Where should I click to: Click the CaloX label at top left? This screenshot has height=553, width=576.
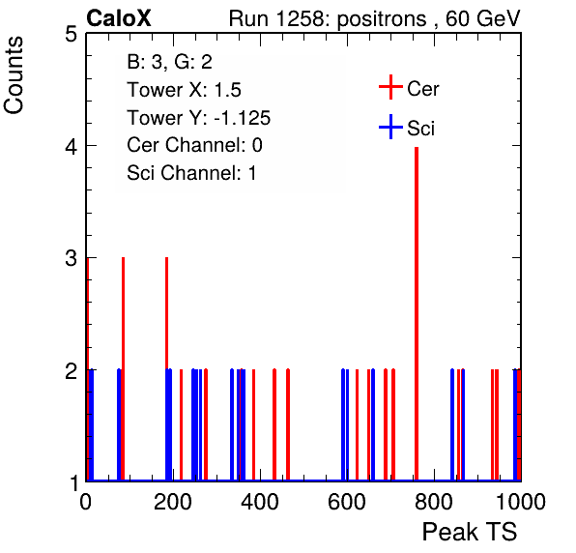[119, 18]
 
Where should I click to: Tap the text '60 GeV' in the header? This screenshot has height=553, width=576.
[482, 18]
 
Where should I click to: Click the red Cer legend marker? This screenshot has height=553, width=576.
[390, 87]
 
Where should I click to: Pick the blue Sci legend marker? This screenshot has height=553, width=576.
[390, 127]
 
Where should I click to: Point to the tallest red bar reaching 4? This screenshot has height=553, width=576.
[417, 313]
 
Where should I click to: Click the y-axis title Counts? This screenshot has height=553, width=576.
[14, 75]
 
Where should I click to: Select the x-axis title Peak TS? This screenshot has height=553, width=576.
[470, 531]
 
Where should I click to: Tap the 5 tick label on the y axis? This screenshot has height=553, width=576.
[71, 35]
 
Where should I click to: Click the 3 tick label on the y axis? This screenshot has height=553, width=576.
[71, 258]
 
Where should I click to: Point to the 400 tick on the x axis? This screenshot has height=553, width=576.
[260, 502]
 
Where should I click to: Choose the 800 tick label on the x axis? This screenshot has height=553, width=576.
[434, 502]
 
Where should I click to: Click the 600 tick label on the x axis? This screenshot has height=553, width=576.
[347, 502]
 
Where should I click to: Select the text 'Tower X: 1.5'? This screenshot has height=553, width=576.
[184, 90]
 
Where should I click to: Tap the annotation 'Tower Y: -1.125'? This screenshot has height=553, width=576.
[199, 118]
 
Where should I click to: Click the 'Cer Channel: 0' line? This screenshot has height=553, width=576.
[194, 145]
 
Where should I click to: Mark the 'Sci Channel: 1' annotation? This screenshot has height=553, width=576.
[191, 173]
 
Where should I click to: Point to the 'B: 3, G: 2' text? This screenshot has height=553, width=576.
[170, 62]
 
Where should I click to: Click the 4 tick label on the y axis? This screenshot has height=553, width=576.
[71, 146]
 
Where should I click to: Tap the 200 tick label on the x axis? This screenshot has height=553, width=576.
[173, 502]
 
